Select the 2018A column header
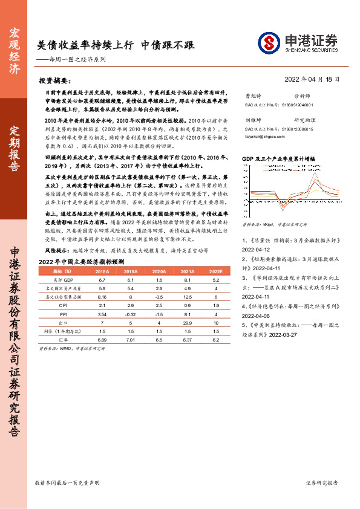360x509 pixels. pos(102,289)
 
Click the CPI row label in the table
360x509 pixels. pos(63,323)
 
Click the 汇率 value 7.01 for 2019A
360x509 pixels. pos(130,357)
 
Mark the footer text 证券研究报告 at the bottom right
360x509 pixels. pos(322,483)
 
